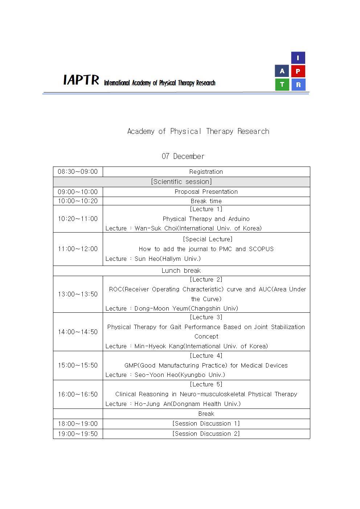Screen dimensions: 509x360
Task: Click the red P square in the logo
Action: click(298, 71)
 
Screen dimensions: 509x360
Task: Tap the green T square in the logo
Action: click(282, 85)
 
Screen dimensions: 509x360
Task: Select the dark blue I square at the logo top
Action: click(298, 58)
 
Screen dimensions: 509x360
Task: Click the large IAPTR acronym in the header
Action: click(81, 80)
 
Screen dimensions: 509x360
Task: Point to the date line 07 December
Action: click(183, 156)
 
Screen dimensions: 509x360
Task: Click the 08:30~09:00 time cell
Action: click(78, 172)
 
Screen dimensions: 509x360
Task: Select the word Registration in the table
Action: click(206, 172)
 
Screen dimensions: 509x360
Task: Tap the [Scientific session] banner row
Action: click(181, 182)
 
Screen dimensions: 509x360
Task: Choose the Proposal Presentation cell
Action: click(206, 192)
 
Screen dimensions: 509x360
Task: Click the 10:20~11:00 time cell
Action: click(78, 219)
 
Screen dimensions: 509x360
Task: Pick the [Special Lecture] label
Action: click(208, 239)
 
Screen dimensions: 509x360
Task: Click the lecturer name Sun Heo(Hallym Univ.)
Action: click(167, 259)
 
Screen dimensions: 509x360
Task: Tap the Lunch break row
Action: click(181, 271)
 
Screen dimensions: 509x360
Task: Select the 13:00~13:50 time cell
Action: click(78, 294)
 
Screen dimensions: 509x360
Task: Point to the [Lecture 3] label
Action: click(206, 317)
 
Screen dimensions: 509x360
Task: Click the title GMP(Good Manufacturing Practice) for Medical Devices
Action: click(206, 365)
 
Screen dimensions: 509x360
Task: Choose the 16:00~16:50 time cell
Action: click(78, 394)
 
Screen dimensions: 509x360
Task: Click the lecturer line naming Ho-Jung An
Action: click(173, 404)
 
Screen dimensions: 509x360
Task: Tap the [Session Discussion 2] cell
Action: click(206, 434)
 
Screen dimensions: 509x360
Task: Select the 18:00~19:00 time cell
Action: click(78, 424)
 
